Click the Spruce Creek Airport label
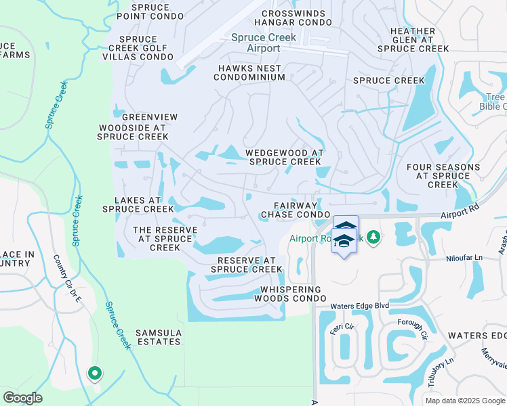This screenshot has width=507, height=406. pyautogui.click(x=264, y=43)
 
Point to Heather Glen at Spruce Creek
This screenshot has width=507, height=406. pyautogui.click(x=413, y=40)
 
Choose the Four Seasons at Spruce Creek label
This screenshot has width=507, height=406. pyautogui.click(x=443, y=176)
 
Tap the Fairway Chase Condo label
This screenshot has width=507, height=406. pyautogui.click(x=295, y=210)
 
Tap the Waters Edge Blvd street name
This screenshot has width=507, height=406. pyautogui.click(x=359, y=307)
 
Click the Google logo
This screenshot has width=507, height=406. pyautogui.click(x=22, y=398)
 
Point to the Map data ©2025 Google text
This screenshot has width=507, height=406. pyautogui.click(x=464, y=401)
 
